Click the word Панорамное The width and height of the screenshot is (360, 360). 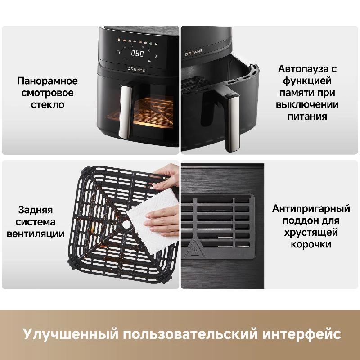(x=48, y=81)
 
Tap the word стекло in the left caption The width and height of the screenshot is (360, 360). (x=48, y=105)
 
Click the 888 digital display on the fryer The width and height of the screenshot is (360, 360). (x=137, y=53)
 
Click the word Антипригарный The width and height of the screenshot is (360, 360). (x=311, y=209)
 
